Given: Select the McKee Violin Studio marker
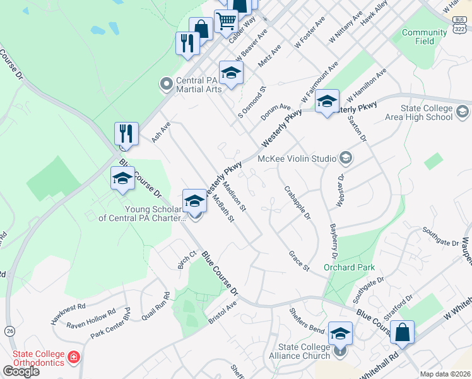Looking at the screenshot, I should [x=345, y=157].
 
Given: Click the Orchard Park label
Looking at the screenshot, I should [x=349, y=267].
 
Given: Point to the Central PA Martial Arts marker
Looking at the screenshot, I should [x=167, y=83].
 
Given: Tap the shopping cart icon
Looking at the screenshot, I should [x=226, y=20].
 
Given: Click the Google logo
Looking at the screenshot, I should [x=20, y=371].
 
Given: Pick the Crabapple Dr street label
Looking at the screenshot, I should [x=297, y=202].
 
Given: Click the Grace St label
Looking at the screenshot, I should [x=298, y=261].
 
